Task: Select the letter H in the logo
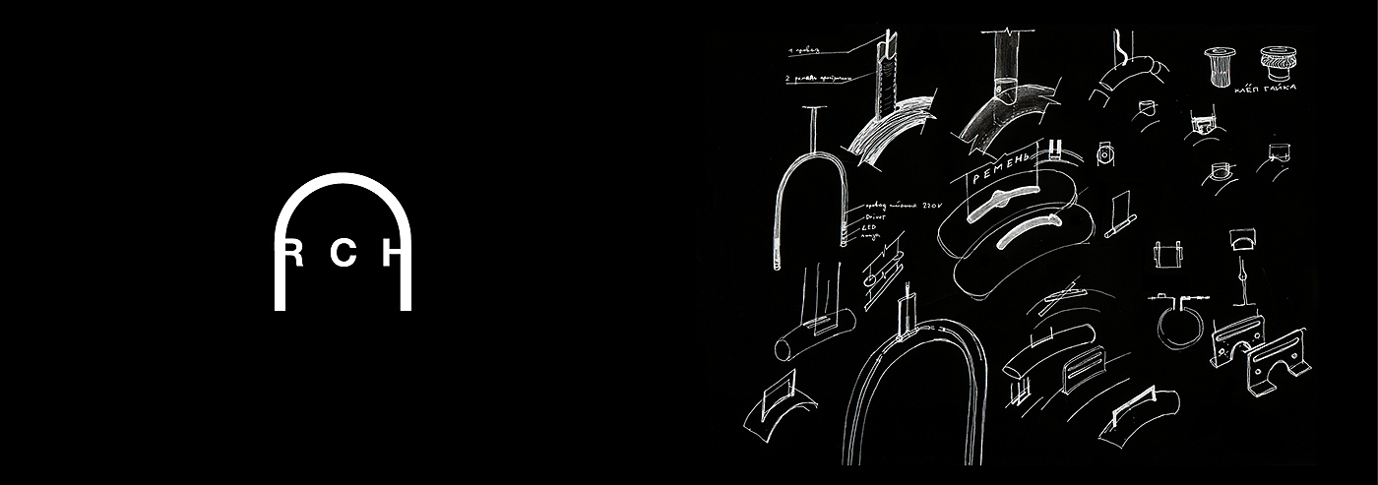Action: pos(392,255)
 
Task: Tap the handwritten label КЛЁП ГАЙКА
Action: pos(1266,89)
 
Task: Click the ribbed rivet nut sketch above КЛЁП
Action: pos(1219,65)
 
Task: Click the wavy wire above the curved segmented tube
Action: pos(1120,44)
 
